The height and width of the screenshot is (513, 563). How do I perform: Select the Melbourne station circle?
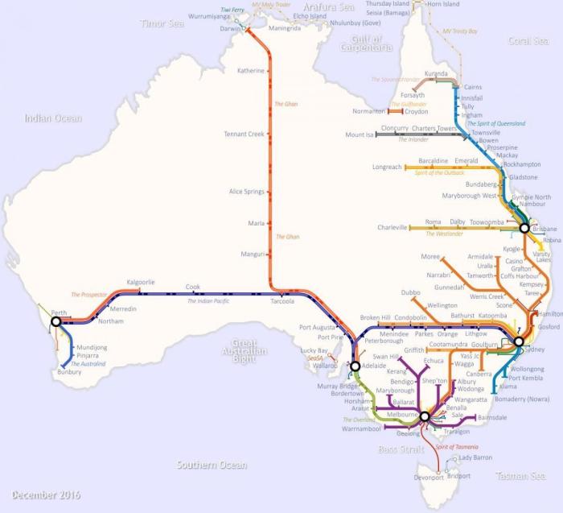(425, 416)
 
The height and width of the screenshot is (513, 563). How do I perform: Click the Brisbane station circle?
(524, 228)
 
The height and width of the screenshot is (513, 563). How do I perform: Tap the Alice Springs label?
(247, 192)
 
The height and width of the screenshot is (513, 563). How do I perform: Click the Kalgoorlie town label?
(141, 283)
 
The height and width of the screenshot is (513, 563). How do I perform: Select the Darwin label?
(230, 28)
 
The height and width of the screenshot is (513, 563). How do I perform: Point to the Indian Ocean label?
(53, 118)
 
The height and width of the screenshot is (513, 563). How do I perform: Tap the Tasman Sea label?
(520, 476)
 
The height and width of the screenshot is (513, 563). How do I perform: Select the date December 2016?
(46, 494)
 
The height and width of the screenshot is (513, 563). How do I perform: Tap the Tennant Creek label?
(244, 134)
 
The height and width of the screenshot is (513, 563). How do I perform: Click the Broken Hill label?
(376, 318)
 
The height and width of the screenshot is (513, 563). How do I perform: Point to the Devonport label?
(427, 478)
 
